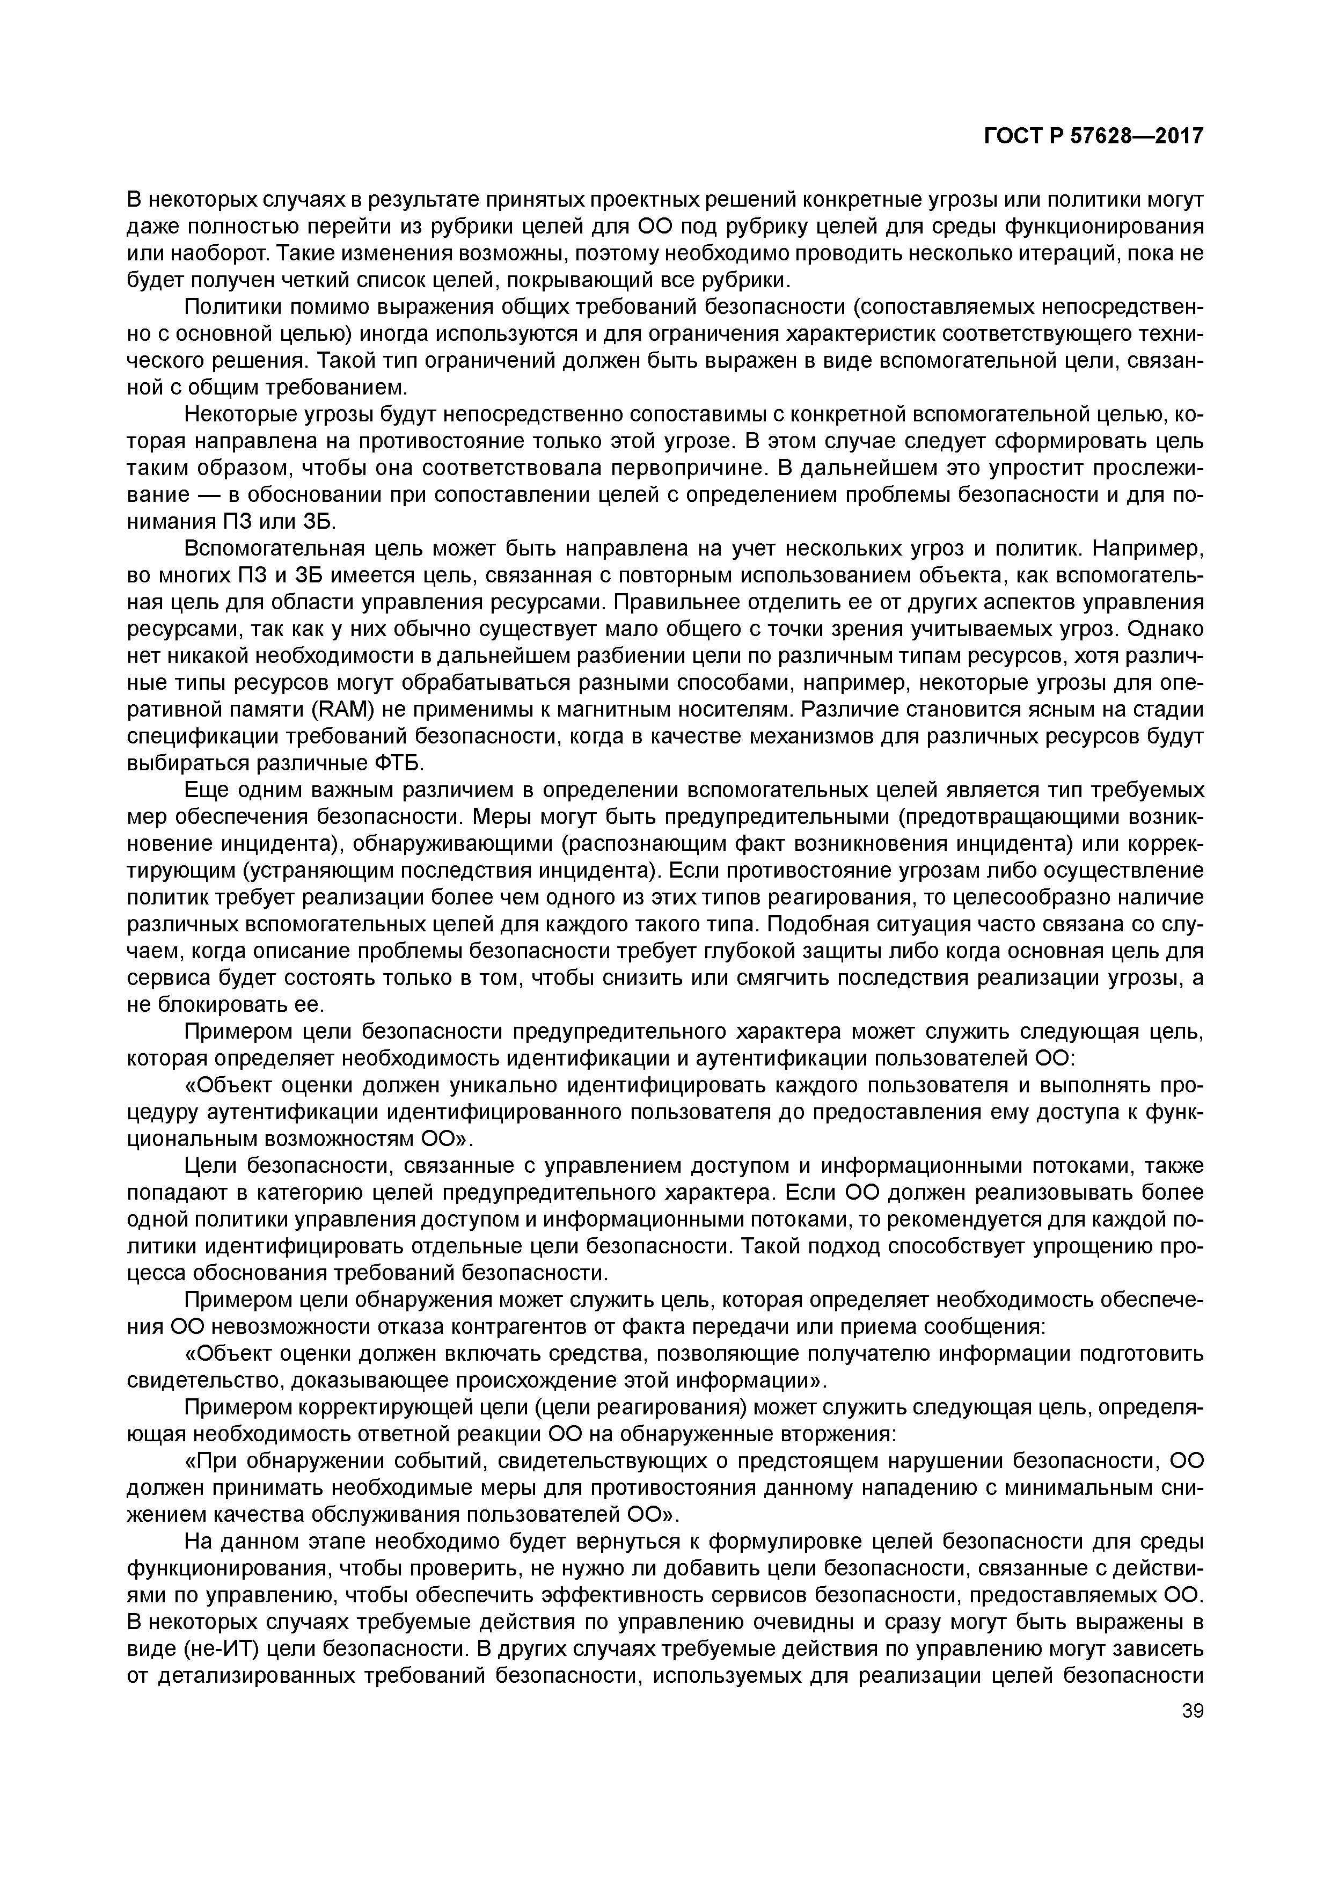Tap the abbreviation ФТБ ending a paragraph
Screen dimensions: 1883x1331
pyautogui.click(x=398, y=763)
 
